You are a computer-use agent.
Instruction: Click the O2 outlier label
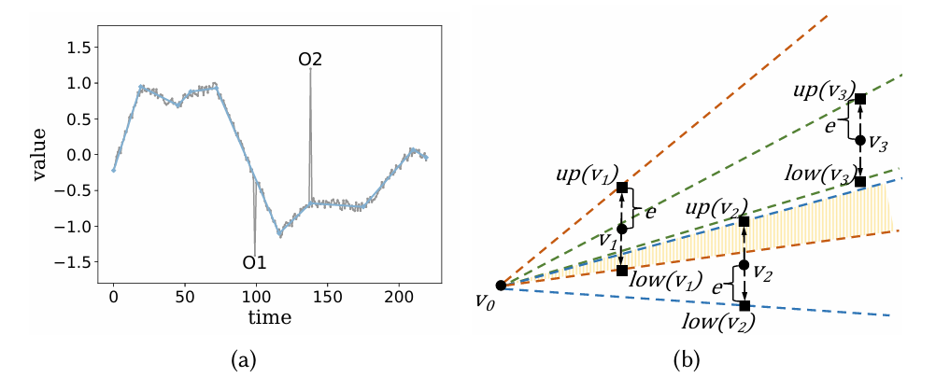(x=310, y=59)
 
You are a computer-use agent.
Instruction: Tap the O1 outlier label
(x=255, y=262)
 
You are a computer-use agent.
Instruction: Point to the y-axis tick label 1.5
(x=81, y=47)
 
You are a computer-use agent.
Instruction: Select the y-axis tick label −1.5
(x=78, y=262)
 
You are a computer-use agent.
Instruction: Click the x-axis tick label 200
(x=399, y=297)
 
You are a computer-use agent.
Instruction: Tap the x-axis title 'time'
(x=269, y=317)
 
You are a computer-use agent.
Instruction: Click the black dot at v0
(x=501, y=286)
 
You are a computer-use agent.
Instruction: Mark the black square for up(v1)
(x=622, y=188)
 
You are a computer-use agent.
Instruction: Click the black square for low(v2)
(x=745, y=305)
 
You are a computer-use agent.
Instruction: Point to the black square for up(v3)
(x=860, y=99)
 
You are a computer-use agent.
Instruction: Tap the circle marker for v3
(x=860, y=140)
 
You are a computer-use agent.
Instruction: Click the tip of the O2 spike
(x=310, y=69)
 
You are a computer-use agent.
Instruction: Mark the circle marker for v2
(x=745, y=265)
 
